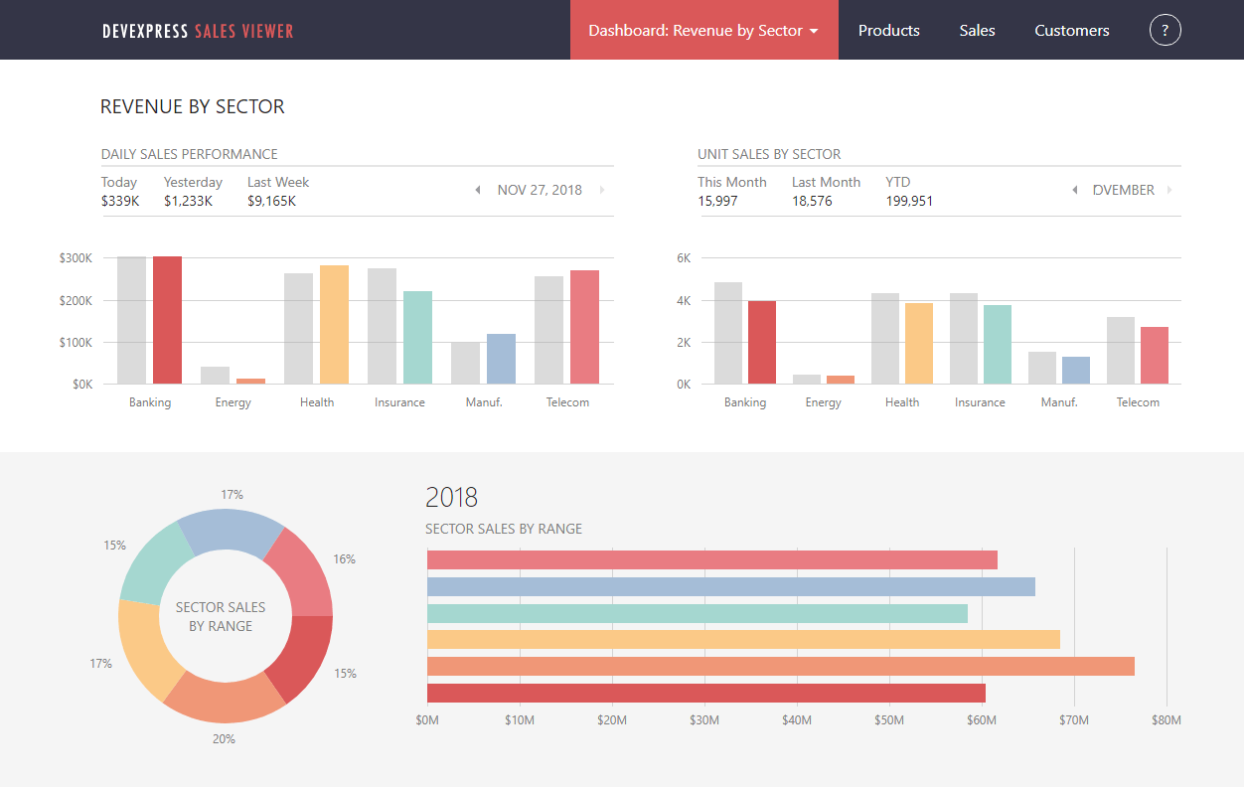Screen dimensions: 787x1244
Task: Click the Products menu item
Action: pyautogui.click(x=888, y=31)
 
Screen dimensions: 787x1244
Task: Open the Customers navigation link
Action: pyautogui.click(x=1071, y=31)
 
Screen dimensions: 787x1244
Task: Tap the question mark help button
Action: pyautogui.click(x=1165, y=31)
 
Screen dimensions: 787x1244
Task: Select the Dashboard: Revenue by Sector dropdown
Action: pyautogui.click(x=703, y=31)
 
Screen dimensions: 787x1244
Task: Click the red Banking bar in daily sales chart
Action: pyautogui.click(x=167, y=320)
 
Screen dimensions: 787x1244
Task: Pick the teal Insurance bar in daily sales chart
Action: pyautogui.click(x=417, y=337)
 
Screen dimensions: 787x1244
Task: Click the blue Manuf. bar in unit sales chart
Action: pyautogui.click(x=1076, y=370)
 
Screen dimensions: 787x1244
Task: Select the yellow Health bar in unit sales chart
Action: pyautogui.click(x=919, y=343)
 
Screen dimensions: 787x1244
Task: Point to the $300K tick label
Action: pyautogui.click(x=76, y=258)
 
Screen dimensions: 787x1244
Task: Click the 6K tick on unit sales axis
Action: pyautogui.click(x=684, y=258)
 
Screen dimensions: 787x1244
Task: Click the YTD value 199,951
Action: pyautogui.click(x=909, y=201)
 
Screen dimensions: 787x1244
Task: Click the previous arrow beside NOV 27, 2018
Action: pyautogui.click(x=478, y=190)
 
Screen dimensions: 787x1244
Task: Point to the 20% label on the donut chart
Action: pyautogui.click(x=224, y=739)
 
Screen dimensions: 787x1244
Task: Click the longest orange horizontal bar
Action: pyautogui.click(x=780, y=666)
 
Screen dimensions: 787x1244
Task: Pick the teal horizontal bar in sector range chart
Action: pyautogui.click(x=697, y=613)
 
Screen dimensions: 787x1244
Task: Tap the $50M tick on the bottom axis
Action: pyautogui.click(x=888, y=720)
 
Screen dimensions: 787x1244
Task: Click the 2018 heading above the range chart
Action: pyautogui.click(x=451, y=497)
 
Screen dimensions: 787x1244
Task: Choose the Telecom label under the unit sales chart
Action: pyautogui.click(x=1138, y=402)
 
